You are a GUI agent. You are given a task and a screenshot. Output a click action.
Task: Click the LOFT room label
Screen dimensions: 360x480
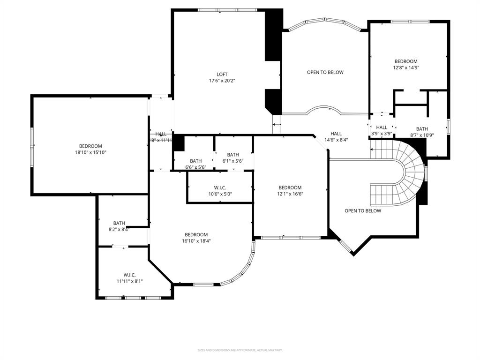(x=222, y=74)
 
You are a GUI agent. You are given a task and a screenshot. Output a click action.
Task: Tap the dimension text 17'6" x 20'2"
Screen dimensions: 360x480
(x=222, y=81)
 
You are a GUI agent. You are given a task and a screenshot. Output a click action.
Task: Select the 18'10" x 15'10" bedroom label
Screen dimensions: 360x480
(x=90, y=149)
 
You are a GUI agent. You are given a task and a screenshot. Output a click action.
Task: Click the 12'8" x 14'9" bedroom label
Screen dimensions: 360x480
(x=405, y=64)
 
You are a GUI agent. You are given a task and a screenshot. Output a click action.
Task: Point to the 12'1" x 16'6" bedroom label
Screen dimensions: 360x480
(x=290, y=190)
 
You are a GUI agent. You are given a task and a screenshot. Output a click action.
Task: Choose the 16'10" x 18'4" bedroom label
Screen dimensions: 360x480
(x=196, y=238)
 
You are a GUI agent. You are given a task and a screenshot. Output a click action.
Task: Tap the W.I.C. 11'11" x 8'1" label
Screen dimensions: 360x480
(x=129, y=278)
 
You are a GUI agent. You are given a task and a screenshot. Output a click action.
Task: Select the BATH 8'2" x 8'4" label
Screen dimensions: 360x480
(x=119, y=226)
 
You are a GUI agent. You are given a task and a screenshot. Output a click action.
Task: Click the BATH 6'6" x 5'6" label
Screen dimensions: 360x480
(x=195, y=164)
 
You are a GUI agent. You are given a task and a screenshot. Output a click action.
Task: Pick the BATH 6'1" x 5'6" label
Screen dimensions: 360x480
(x=233, y=158)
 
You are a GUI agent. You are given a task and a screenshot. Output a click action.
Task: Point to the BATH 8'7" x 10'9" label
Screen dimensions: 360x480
(x=422, y=132)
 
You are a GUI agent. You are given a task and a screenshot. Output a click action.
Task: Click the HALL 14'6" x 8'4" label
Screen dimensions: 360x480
(x=336, y=136)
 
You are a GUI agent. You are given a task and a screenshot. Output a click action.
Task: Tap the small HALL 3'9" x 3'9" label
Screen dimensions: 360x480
(x=382, y=130)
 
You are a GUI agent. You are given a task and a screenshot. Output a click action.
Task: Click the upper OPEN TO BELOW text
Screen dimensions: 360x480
(x=325, y=72)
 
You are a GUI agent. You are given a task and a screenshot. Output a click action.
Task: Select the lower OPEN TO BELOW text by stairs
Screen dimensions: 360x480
(x=362, y=211)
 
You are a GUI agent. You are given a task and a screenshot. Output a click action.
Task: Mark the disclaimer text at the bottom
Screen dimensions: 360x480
(x=240, y=350)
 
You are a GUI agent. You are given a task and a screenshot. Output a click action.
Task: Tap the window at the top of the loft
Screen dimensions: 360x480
(x=227, y=10)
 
